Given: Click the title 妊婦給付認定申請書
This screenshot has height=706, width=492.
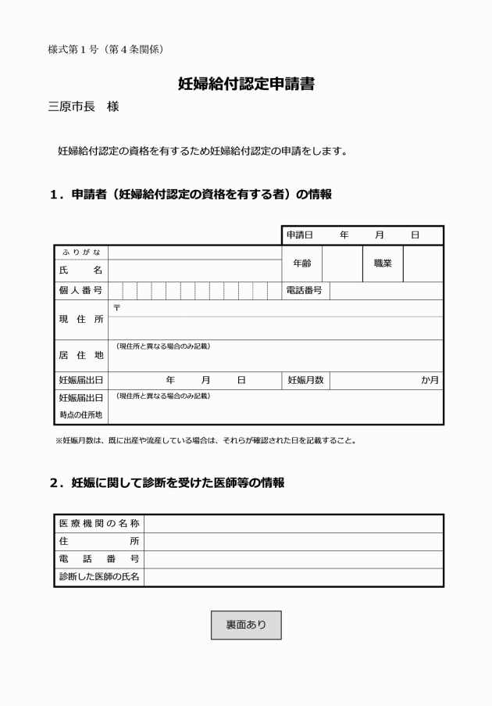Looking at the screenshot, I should click(246, 84).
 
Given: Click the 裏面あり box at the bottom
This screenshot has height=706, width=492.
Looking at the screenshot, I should click(246, 625).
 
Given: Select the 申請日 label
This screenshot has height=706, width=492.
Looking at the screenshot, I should click(299, 235).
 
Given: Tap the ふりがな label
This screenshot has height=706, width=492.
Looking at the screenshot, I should click(80, 252).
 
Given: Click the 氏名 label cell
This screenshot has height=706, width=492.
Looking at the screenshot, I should click(80, 270).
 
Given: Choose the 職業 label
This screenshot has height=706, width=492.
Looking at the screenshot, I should click(382, 264).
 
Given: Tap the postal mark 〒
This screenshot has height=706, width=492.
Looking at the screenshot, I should click(116, 307).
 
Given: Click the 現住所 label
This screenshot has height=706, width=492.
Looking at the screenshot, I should click(80, 319).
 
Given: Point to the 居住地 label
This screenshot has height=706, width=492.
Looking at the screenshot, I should click(80, 355).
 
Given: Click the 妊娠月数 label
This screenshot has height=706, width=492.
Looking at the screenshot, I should click(305, 380).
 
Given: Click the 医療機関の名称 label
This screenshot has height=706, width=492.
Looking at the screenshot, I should click(99, 523).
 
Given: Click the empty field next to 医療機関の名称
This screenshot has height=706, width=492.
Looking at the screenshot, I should click(293, 523).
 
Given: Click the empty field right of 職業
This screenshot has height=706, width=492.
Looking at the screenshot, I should click(422, 264).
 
